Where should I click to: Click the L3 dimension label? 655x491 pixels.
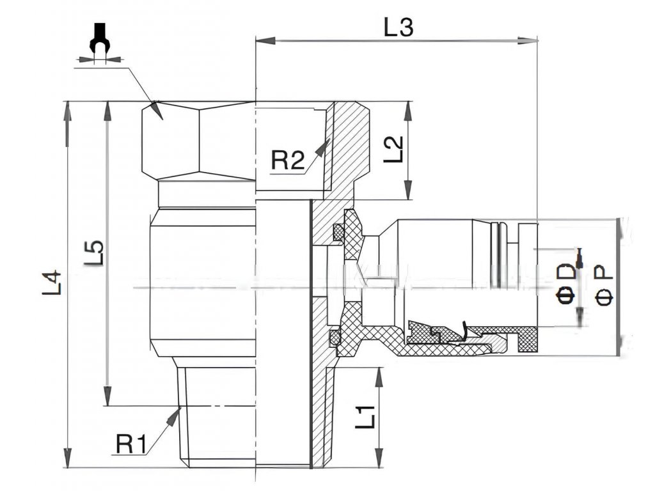point(399,27)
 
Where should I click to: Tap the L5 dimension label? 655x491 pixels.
point(94,253)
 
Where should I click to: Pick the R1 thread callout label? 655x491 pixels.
point(132,442)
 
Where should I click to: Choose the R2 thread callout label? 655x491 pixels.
point(288,160)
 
